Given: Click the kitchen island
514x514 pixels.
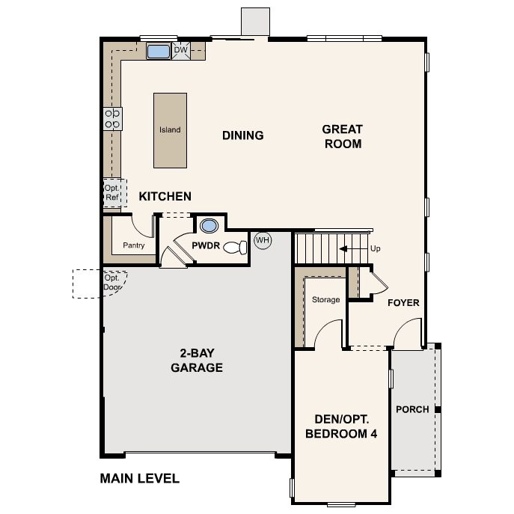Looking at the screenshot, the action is (170, 130).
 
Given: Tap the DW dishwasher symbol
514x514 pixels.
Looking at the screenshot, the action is (181, 50).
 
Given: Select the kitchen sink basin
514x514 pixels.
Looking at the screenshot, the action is (159, 52).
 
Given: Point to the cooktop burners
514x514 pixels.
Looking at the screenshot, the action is (112, 119).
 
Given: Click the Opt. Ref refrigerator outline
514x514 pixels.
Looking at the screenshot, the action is (114, 193).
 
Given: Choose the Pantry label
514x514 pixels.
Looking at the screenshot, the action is (134, 245).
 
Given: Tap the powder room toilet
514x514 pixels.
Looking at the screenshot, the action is (235, 247).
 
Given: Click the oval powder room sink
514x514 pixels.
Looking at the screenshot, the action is (209, 226).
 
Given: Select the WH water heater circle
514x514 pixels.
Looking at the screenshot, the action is (263, 240).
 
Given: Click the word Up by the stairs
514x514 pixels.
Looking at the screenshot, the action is (376, 249).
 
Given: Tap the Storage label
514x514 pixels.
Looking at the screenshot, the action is (326, 300).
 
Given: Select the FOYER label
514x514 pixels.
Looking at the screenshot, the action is (403, 303).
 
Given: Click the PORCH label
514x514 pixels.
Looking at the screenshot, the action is (412, 409).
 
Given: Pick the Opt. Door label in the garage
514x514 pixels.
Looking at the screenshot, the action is (112, 283).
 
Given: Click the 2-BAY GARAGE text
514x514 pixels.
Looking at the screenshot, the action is (197, 361).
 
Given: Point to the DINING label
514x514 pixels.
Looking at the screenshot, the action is (243, 135).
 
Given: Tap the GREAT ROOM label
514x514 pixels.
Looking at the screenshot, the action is (343, 136).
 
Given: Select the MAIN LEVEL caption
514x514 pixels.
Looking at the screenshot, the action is (140, 479).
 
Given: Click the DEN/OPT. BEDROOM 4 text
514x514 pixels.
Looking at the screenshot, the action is (341, 426).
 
